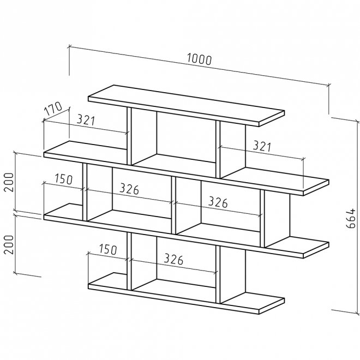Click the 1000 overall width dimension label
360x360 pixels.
(199, 59)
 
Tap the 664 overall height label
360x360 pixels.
(351, 218)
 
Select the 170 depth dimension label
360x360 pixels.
(53, 108)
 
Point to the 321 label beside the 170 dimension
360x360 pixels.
(86, 120)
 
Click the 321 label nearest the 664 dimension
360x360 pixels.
(262, 146)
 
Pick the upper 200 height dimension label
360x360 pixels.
(10, 182)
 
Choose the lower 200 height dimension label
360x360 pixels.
(10, 244)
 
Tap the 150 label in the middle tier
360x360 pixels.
(64, 179)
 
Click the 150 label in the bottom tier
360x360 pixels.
(108, 250)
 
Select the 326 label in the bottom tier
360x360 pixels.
(173, 259)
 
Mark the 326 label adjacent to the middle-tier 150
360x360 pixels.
(129, 189)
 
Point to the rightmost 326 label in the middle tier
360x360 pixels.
(218, 202)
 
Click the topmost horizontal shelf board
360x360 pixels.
(187, 106)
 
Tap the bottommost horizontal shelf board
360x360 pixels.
(187, 293)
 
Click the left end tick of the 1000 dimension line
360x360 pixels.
(69, 47)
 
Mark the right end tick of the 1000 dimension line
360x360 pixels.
(329, 85)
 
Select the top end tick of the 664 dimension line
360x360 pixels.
(357, 122)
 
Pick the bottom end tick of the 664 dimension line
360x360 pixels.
(357, 313)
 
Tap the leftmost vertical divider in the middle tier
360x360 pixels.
(85, 192)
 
